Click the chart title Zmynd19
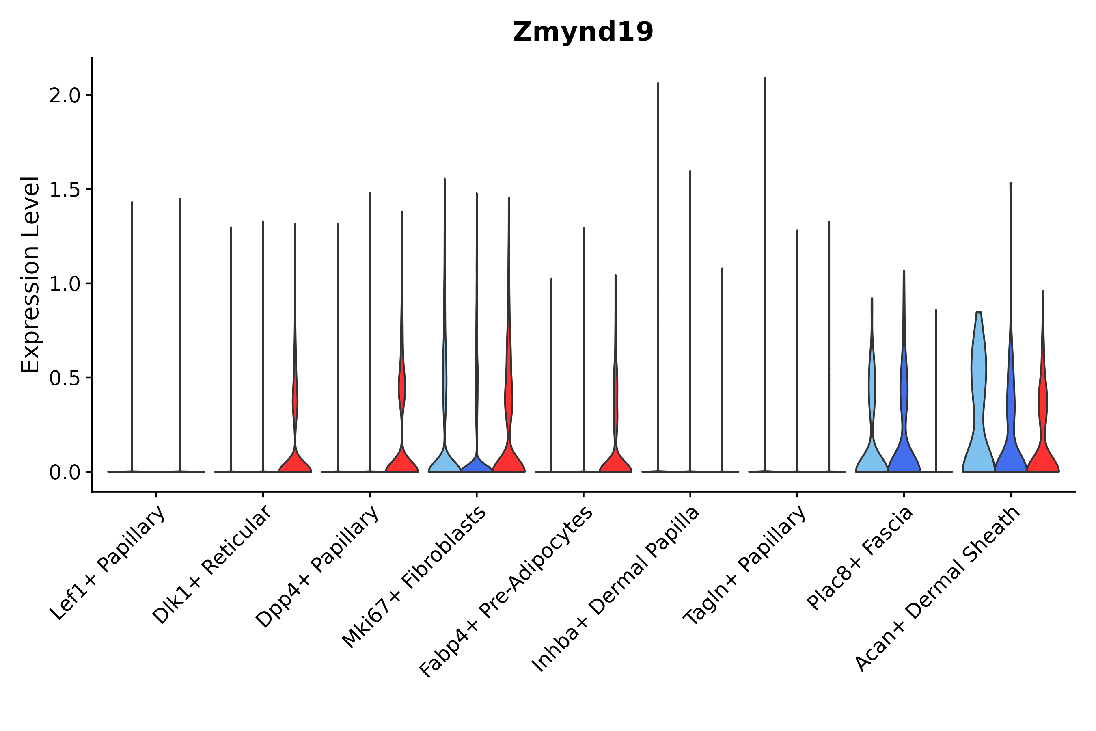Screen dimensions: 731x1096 583,32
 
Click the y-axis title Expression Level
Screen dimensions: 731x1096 30,274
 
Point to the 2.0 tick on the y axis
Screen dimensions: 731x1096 64,95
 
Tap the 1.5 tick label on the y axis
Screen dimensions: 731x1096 64,190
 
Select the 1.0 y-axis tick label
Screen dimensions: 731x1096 64,284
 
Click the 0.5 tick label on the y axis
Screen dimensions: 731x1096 64,378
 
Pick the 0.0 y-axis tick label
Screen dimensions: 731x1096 64,473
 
